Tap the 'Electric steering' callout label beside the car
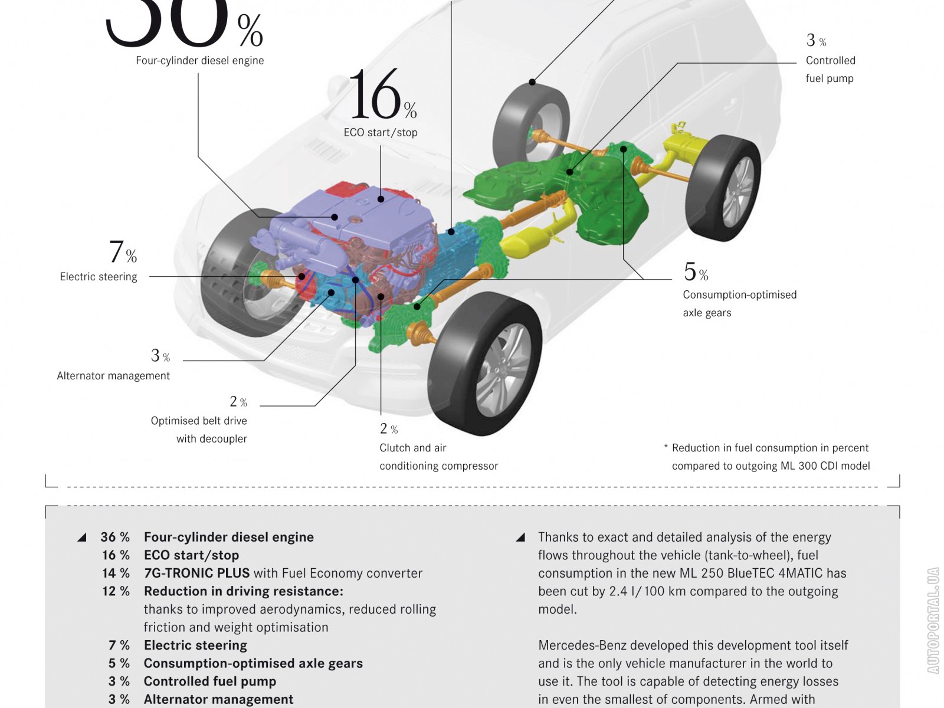99,277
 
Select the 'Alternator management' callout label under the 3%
113,376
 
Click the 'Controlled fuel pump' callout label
830,70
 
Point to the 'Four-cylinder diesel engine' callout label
199,60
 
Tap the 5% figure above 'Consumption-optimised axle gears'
695,272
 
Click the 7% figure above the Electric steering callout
122,252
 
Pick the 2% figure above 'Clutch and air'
388,429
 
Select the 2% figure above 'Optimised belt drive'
238,402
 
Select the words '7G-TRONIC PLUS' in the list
196,573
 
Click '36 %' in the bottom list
114,537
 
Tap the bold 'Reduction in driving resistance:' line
243,591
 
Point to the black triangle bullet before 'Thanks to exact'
520,537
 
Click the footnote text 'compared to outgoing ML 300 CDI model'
771,466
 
